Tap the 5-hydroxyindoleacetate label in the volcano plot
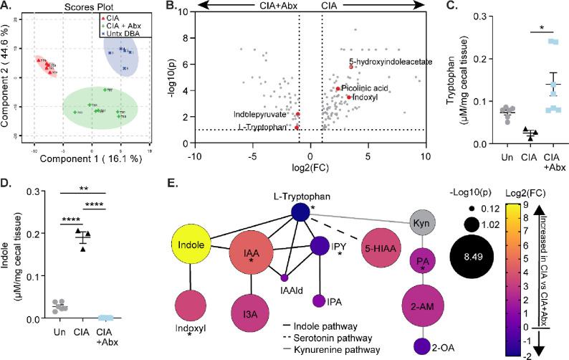pyautogui.click(x=391, y=62)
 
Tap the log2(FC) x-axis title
pyautogui.click(x=311, y=158)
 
